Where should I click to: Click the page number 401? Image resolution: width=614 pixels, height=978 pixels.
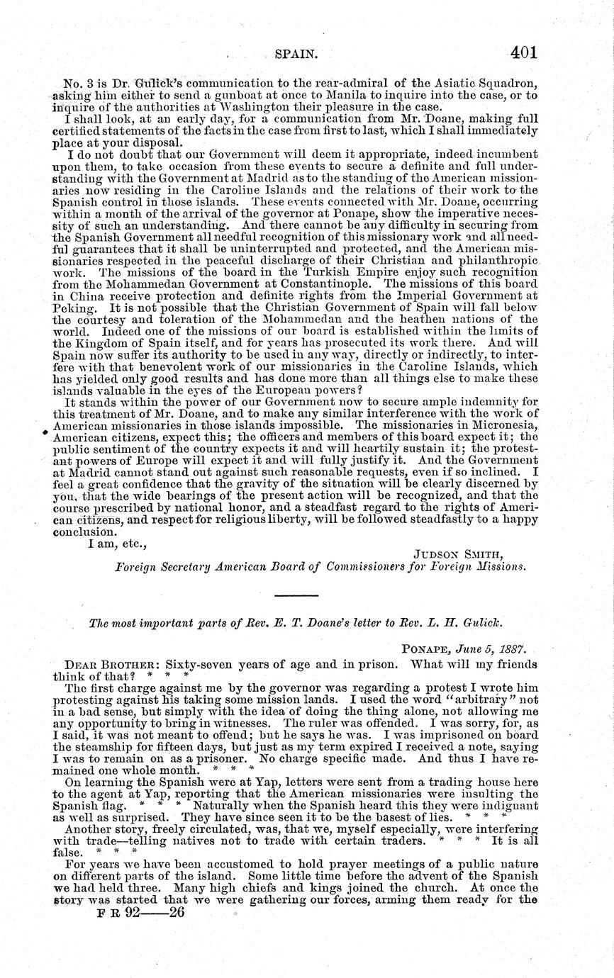click(x=523, y=52)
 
